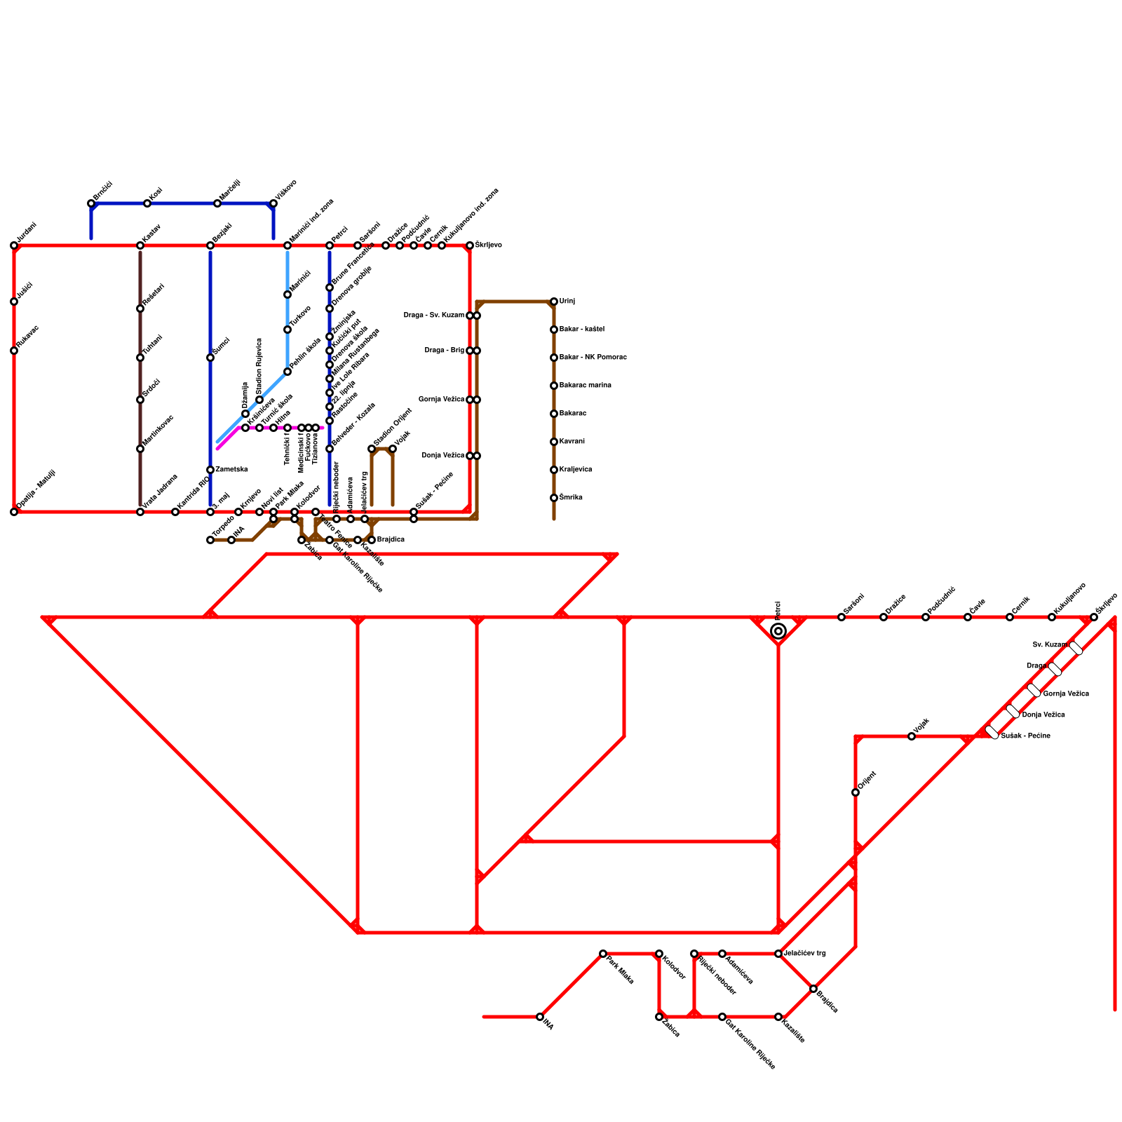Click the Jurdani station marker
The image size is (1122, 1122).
pos(14,245)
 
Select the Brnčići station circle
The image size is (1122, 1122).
pos(91,203)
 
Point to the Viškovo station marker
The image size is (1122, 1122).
pos(273,203)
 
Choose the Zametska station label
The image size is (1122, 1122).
pos(231,470)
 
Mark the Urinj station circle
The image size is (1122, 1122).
pos(554,302)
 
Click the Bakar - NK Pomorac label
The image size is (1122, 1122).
pos(593,358)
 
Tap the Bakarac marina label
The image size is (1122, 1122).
pos(585,386)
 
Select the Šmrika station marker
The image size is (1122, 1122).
pos(554,498)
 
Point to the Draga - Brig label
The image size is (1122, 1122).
pos(444,351)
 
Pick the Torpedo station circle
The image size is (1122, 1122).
pos(210,540)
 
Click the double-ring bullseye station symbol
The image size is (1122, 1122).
pos(778,631)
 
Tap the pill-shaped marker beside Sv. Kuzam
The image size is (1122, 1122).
pos(1076,648)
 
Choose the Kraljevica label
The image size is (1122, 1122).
pos(575,470)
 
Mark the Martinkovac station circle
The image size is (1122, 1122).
pos(140,449)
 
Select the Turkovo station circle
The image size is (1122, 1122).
pos(288,330)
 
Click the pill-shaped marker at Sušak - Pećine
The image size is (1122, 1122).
pos(992,732)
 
